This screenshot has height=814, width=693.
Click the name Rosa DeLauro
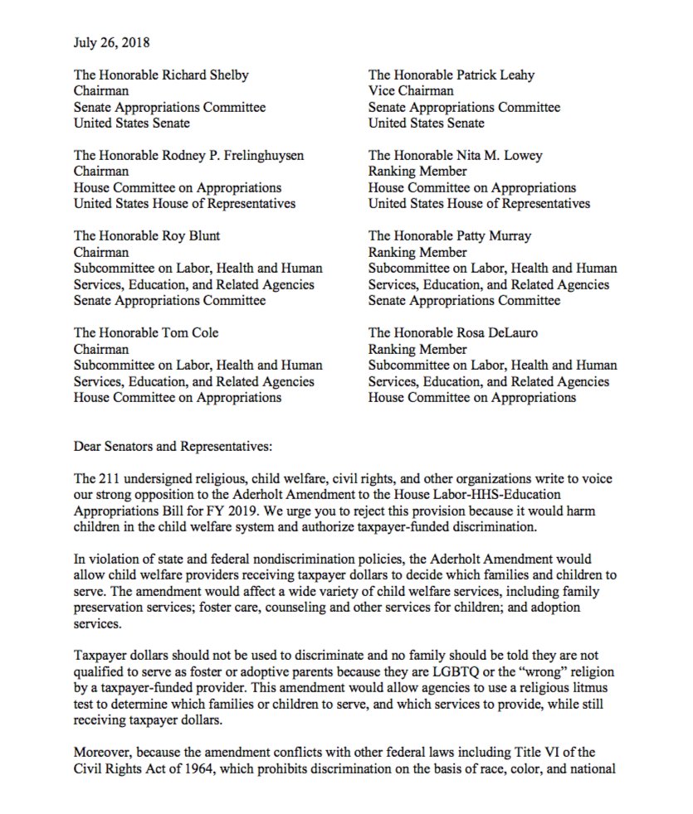502,332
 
